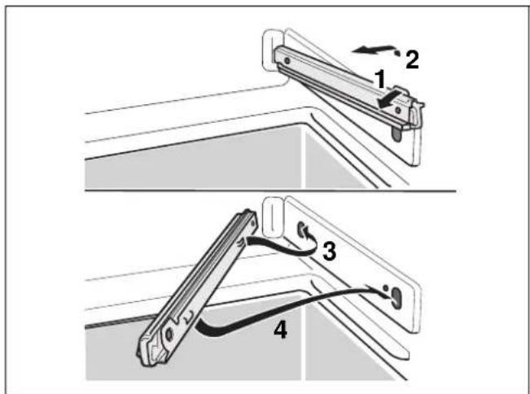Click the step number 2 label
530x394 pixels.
tap(412, 59)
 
